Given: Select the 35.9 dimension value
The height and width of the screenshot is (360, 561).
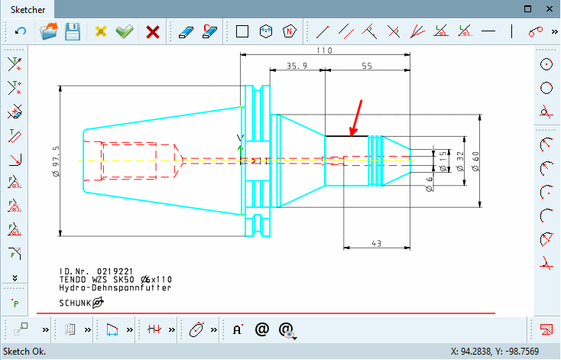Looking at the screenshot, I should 297,67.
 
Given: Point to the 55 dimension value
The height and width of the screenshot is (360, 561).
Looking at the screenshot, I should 367,67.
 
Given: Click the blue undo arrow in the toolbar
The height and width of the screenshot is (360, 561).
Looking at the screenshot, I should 21,32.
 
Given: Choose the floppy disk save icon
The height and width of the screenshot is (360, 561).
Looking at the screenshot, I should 73,32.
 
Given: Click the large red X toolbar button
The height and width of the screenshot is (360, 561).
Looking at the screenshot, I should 153,32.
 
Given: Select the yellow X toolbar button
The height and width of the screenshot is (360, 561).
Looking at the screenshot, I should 101,32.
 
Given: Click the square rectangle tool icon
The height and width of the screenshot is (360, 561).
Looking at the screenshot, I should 242,32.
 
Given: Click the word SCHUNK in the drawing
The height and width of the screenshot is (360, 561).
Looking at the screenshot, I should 75,303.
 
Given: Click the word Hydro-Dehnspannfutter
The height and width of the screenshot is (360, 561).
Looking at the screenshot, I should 115,287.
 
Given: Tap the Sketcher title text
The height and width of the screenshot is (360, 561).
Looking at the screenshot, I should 28,10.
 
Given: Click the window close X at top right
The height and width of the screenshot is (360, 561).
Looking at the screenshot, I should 548,8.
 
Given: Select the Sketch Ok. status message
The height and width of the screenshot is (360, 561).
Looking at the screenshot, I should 24,352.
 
